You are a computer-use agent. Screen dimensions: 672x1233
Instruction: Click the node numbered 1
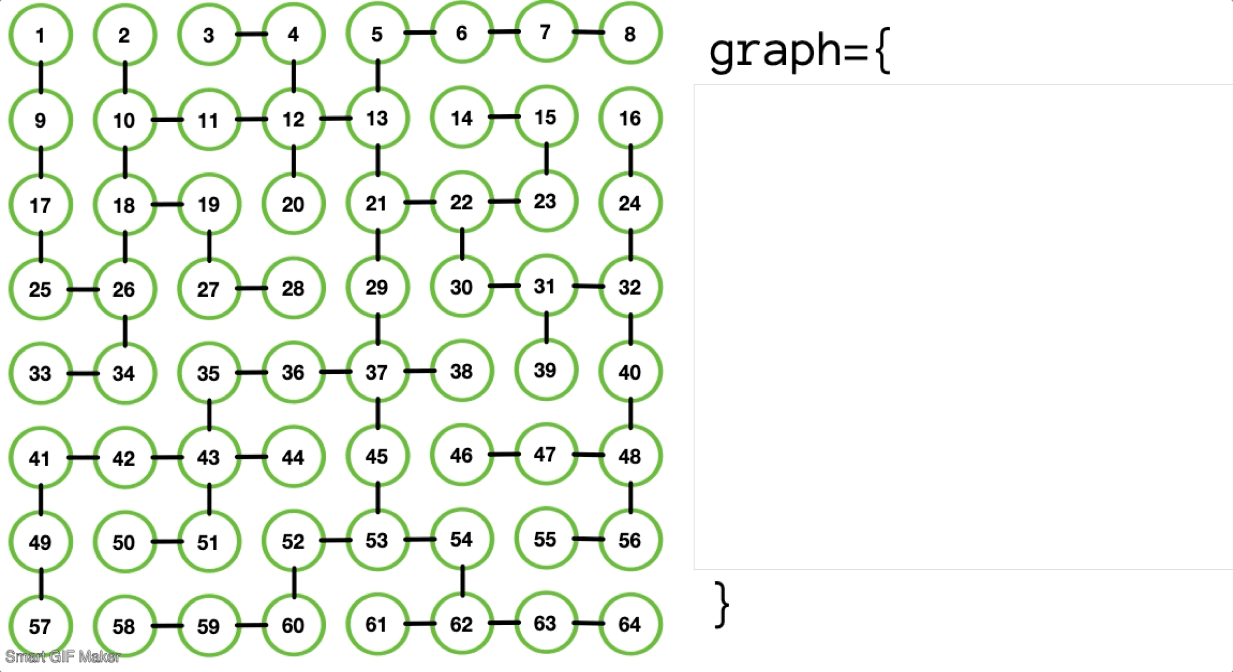tap(41, 35)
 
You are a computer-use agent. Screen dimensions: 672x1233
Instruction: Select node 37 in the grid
tap(377, 372)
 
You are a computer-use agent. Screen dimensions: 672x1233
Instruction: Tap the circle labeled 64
tap(630, 624)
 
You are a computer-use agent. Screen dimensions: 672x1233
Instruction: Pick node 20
tap(294, 204)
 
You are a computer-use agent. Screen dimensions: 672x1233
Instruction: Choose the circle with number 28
tap(294, 288)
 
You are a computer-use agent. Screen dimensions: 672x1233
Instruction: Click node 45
tap(377, 456)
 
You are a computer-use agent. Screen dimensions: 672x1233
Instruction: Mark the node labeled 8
tap(630, 34)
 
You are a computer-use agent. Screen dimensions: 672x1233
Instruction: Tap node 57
tap(41, 626)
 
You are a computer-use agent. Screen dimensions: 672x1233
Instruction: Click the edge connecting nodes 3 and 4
tap(251, 34)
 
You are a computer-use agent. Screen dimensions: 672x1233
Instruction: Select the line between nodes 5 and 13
tap(378, 75)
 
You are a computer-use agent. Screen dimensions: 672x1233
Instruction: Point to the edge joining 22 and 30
tap(462, 244)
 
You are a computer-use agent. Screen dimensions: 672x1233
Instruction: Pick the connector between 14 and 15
tap(504, 116)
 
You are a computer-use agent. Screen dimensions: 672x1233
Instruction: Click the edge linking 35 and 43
tap(209, 414)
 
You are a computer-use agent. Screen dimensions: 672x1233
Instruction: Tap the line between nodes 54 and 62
tap(462, 581)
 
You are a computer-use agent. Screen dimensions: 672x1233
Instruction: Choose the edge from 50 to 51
tap(167, 542)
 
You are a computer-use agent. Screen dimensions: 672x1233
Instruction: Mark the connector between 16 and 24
tap(630, 160)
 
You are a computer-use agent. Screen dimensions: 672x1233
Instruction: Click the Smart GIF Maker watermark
tap(63, 657)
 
